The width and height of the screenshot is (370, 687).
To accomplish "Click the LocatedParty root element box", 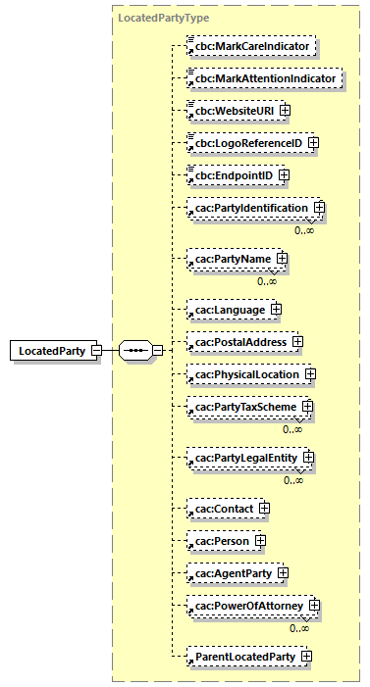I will (49, 350).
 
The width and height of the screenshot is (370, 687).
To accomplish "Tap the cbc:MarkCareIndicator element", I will (252, 46).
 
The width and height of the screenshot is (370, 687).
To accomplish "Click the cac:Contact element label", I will (225, 509).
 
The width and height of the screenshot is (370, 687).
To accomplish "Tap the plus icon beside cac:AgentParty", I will (283, 572).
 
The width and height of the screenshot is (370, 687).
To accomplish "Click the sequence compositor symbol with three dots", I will (134, 350).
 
